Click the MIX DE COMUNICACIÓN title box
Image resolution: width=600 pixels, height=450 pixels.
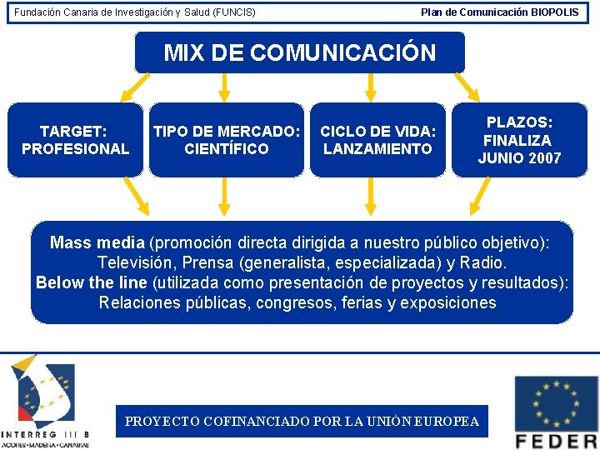(x=300, y=53)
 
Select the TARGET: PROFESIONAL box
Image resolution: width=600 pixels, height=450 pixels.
(x=75, y=140)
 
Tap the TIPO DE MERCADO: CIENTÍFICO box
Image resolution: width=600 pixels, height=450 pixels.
(x=227, y=140)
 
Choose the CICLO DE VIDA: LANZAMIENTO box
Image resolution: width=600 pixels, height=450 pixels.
(x=377, y=140)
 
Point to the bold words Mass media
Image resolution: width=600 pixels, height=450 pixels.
(x=97, y=242)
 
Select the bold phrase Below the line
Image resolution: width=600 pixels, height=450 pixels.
(x=91, y=282)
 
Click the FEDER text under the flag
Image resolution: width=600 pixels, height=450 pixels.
(x=556, y=441)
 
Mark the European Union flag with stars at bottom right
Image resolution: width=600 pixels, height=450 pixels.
(x=556, y=403)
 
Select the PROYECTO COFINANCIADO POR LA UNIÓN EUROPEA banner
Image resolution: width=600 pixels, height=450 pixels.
(x=302, y=421)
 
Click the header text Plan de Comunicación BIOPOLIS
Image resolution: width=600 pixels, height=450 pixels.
(x=499, y=12)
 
